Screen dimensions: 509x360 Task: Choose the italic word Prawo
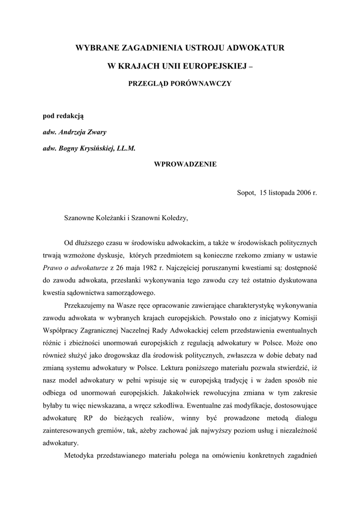[x=52, y=267]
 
